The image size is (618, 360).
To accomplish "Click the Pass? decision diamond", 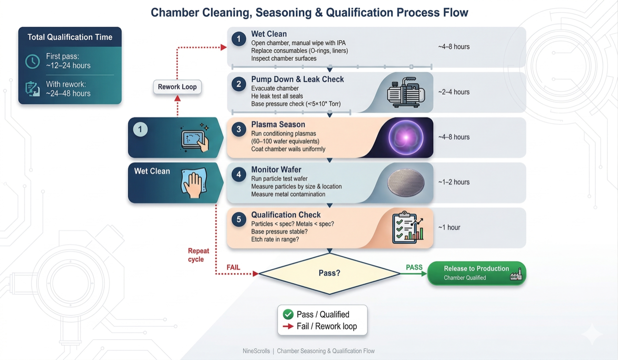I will click(x=329, y=273).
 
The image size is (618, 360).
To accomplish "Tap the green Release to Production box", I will click(x=476, y=273).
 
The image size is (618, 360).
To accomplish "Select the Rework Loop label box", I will click(x=177, y=87).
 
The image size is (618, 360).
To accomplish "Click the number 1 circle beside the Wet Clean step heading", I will click(x=239, y=39).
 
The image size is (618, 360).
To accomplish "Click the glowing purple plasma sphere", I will click(x=406, y=138).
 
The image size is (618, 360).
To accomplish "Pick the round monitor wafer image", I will click(x=406, y=183).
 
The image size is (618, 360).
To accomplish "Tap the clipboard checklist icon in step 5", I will click(x=407, y=228).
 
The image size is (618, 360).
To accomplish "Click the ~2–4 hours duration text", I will click(x=453, y=92).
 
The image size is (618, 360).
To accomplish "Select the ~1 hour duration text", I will click(x=449, y=227).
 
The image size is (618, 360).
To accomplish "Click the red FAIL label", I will click(x=233, y=267).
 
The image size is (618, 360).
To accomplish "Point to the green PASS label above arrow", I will click(x=414, y=267).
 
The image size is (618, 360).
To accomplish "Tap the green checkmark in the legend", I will click(x=288, y=315).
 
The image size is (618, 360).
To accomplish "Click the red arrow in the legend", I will click(x=288, y=327).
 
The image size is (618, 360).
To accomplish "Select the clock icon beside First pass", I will click(x=32, y=61).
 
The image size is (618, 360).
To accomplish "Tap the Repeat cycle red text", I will click(x=198, y=255).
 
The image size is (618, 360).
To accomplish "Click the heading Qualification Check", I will click(x=286, y=215).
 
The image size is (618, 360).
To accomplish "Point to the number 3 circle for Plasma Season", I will click(x=239, y=129).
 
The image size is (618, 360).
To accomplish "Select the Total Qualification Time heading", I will click(x=70, y=37).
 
